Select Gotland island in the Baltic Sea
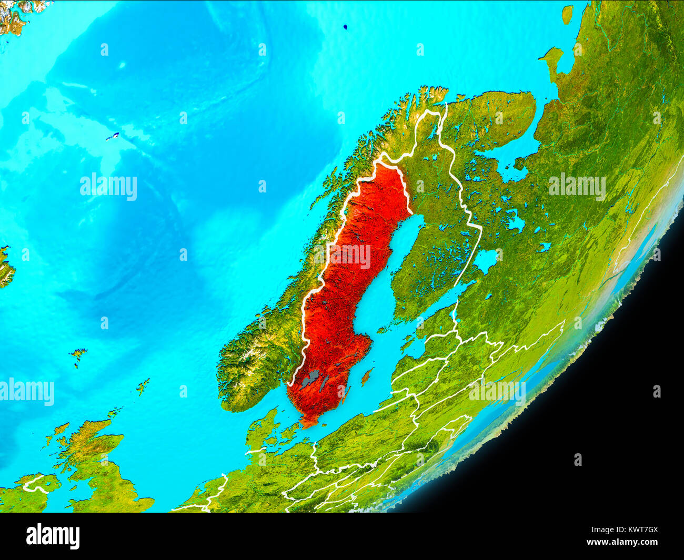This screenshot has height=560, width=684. click(x=367, y=375)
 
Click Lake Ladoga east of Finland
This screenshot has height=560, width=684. click(x=485, y=259)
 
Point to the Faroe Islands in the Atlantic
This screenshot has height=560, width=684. click(x=79, y=355)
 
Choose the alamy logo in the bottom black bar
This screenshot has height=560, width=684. click(x=53, y=536)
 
